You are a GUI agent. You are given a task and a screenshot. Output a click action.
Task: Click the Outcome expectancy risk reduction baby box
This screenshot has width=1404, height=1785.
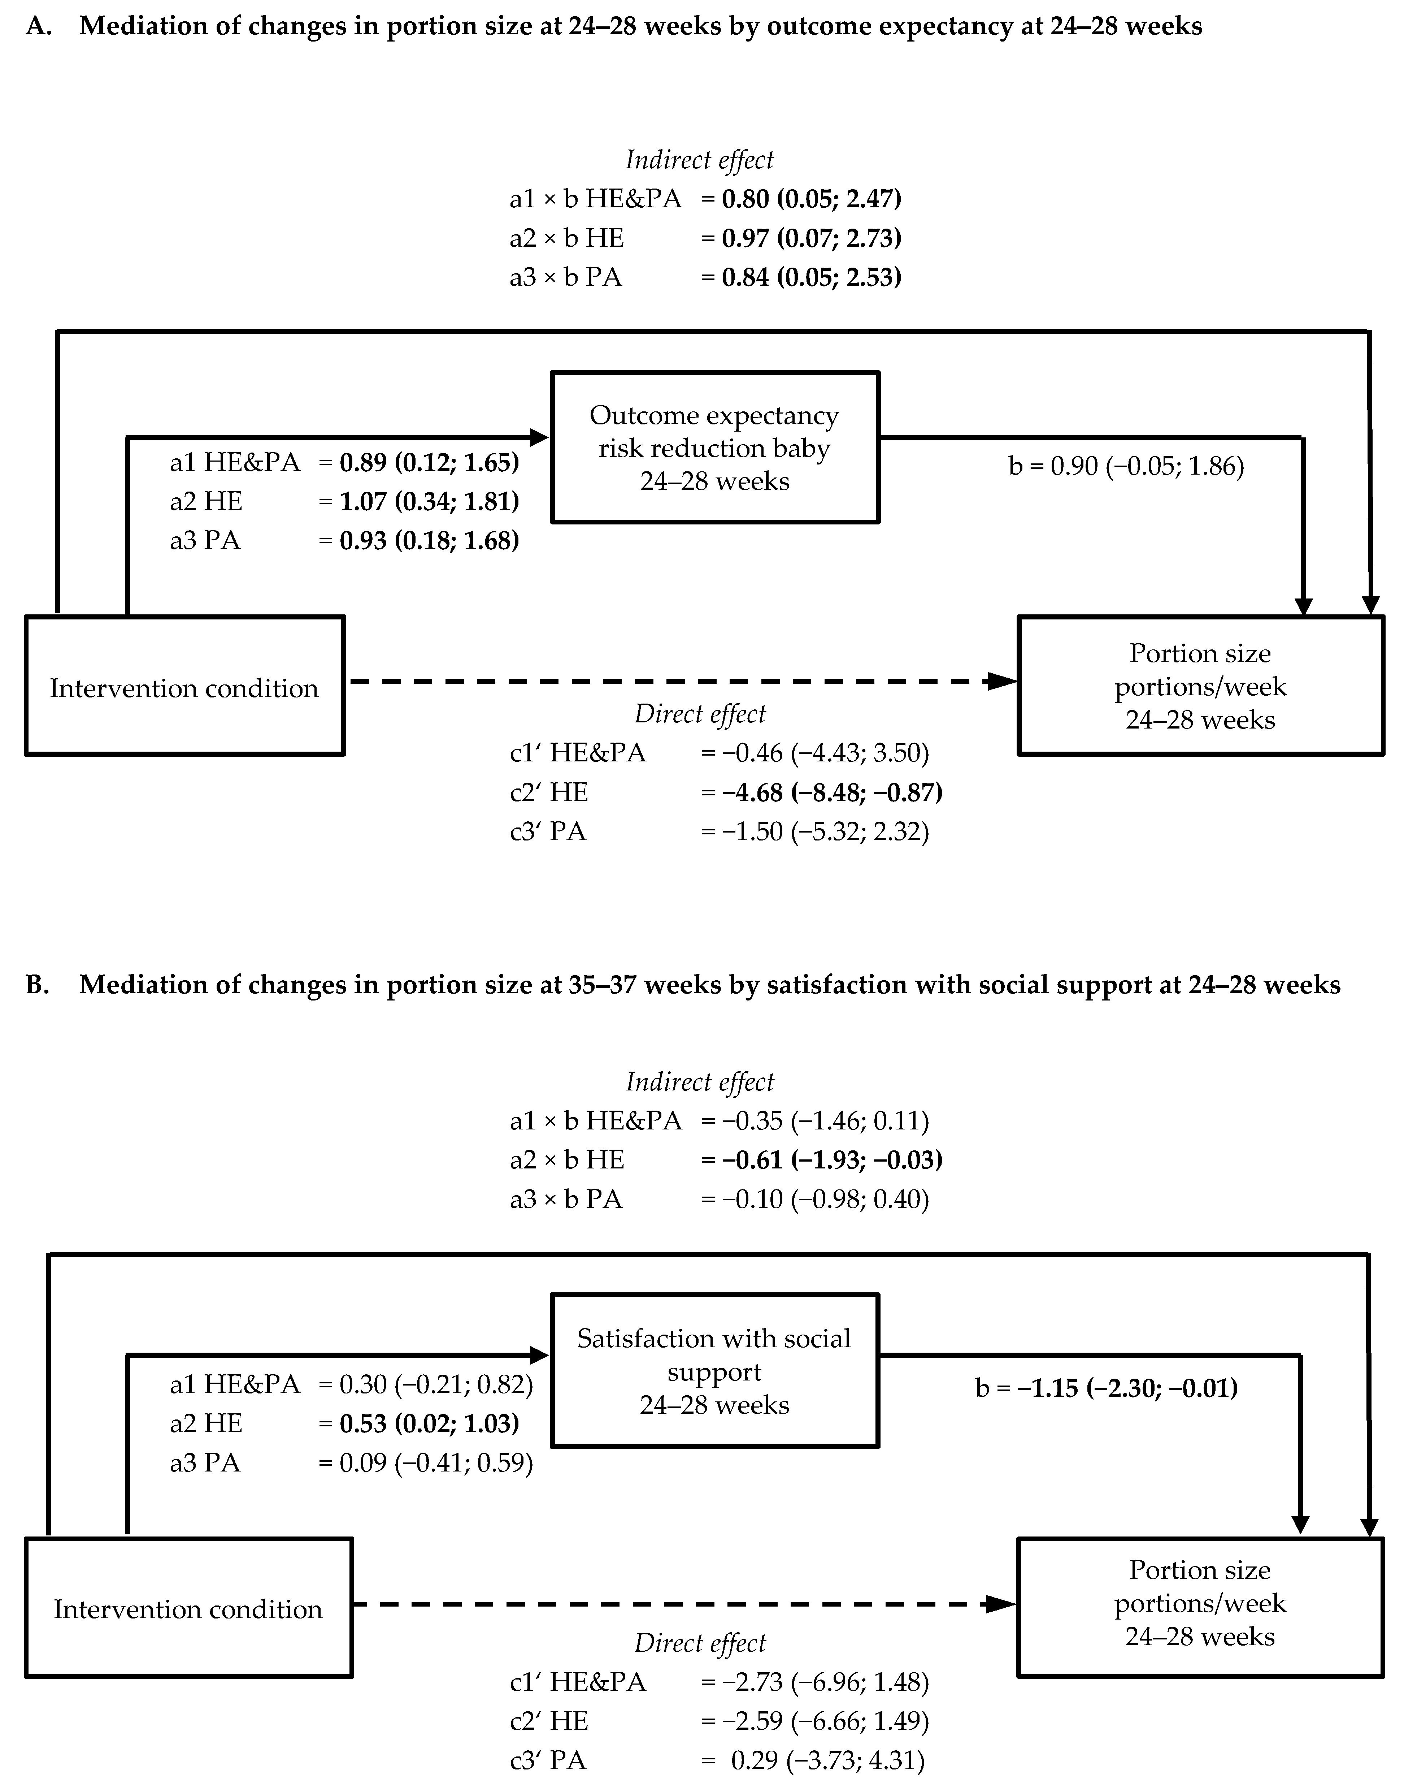coord(714,447)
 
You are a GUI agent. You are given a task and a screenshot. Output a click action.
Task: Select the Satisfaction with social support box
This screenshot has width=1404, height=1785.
coord(714,1370)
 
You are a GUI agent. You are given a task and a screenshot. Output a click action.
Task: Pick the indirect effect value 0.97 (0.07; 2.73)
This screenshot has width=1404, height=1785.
coord(811,238)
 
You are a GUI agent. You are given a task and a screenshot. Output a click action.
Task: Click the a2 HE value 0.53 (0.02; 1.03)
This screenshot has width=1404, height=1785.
coord(429,1423)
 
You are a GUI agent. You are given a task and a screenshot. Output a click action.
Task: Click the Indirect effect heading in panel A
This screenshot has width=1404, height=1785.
coord(700,160)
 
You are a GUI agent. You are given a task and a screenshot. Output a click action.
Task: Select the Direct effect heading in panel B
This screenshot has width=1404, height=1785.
coord(700,1643)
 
